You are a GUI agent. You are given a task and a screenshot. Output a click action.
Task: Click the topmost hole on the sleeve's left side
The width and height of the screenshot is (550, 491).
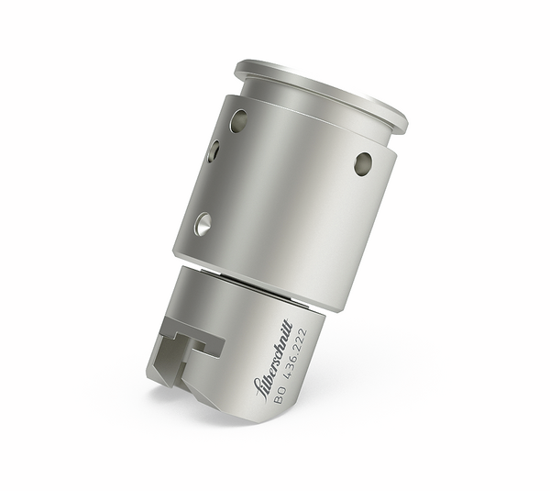[238, 120]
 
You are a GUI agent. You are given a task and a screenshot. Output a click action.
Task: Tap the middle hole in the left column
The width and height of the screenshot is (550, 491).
[214, 151]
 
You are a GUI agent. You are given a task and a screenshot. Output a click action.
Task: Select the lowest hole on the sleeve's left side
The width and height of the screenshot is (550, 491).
[203, 222]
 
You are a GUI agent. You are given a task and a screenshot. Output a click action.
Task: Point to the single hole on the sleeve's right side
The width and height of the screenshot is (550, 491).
[363, 163]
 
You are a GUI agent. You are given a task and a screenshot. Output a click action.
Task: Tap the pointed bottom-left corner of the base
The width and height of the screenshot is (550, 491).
[150, 376]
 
